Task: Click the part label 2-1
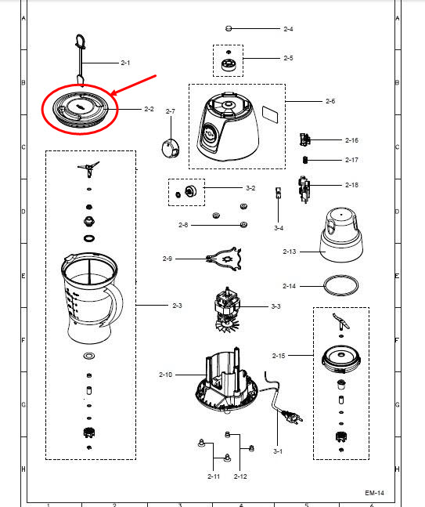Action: tap(125, 63)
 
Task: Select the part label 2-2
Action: tap(149, 109)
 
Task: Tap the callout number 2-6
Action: tap(330, 101)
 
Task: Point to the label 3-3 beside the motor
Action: tap(276, 306)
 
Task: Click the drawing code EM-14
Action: tap(375, 493)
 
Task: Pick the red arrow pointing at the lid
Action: tap(134, 85)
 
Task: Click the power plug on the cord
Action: tap(293, 416)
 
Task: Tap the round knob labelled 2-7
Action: tap(171, 148)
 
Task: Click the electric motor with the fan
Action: tap(226, 309)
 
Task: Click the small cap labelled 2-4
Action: tap(229, 28)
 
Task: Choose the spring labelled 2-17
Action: tap(305, 160)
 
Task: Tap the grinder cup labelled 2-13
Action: tap(341, 234)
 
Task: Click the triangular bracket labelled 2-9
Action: tap(225, 259)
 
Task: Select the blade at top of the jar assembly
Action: tap(88, 168)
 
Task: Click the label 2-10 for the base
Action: tap(165, 375)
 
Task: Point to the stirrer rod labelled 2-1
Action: tap(81, 60)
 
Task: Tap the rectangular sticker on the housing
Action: tap(270, 114)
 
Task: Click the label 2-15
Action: tap(279, 356)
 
